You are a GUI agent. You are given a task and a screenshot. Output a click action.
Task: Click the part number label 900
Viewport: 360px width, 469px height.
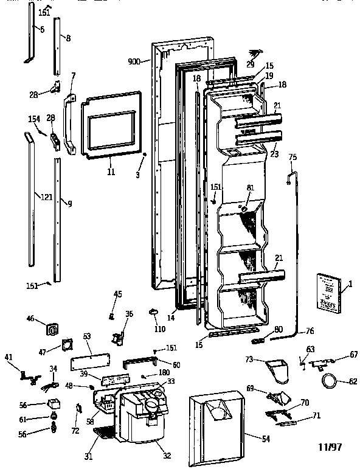pos(134,61)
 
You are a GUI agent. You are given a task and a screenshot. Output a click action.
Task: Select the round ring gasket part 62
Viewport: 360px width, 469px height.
pos(329,382)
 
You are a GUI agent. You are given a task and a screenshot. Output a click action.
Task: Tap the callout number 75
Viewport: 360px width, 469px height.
pos(292,158)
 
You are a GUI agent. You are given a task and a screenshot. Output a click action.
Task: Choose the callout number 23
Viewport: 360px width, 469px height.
pos(274,155)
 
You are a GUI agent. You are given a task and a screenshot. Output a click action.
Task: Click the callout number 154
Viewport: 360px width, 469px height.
pos(33,119)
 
